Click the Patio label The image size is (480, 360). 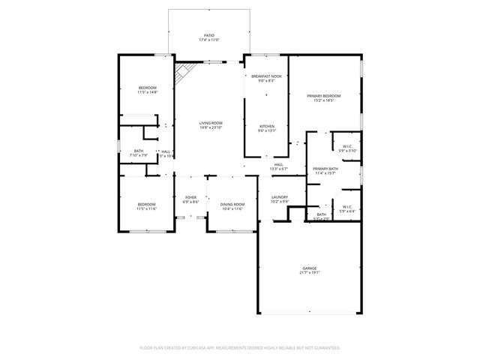210,34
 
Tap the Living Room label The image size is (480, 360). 211,123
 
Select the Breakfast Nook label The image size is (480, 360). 266,76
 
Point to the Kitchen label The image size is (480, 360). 266,126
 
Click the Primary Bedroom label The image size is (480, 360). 323,96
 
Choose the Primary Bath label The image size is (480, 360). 325,169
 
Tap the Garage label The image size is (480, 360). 309,268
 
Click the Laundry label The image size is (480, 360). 280,197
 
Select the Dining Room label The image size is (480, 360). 232,205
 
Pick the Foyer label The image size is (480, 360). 190,198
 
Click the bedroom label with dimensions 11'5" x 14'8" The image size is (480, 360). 148,88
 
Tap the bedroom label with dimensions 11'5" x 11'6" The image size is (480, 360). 146,205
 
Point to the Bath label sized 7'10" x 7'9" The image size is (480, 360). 139,151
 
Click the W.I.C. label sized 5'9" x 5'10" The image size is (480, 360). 347,146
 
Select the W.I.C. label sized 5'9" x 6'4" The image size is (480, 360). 347,206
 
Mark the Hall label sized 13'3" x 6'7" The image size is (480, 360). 278,164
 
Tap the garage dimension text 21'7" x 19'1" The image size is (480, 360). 309,273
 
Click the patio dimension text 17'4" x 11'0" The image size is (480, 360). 210,40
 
